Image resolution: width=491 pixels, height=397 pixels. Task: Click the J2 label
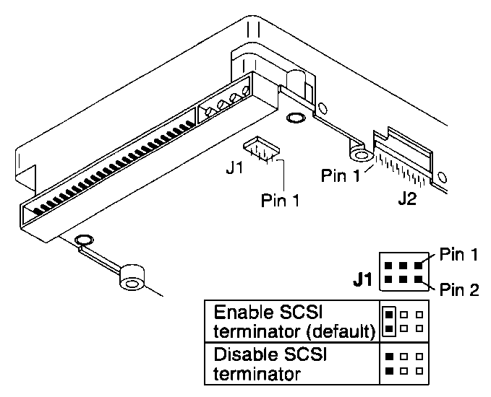[406, 198]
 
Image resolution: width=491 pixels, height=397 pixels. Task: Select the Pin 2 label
[458, 289]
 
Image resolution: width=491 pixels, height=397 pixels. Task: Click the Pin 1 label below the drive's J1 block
[281, 200]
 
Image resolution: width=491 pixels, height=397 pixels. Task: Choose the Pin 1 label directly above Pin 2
[458, 255]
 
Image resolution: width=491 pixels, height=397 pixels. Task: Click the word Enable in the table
[242, 314]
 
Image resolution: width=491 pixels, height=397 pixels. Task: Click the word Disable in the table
[244, 357]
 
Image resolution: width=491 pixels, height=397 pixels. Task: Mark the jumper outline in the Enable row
[390, 321]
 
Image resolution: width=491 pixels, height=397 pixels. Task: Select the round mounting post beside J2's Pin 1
[359, 154]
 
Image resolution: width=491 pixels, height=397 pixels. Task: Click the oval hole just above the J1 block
[295, 118]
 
